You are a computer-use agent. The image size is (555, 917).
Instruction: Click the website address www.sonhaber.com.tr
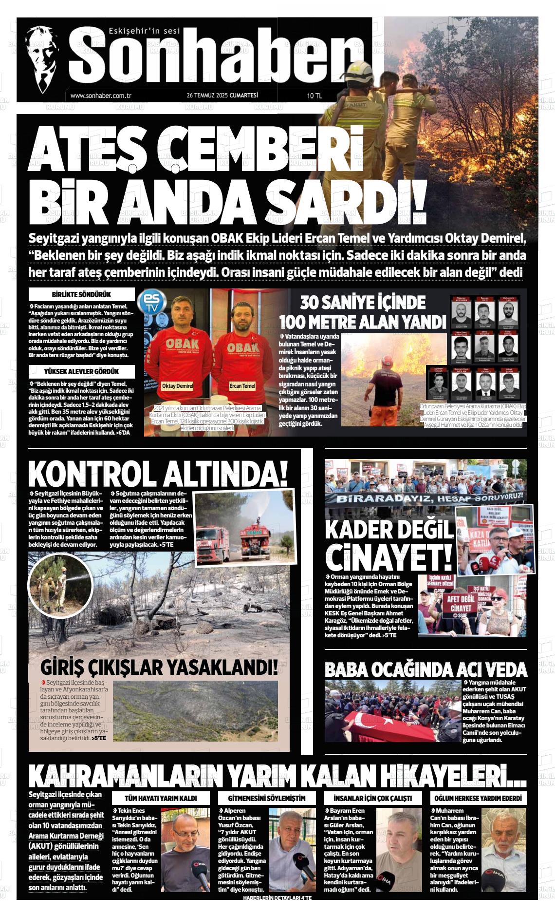(x=101, y=96)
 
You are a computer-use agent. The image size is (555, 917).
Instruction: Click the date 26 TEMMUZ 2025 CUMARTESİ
(x=222, y=96)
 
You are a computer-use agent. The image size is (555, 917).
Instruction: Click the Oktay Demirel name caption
(x=178, y=386)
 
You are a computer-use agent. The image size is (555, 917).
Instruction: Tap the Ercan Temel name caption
(x=242, y=386)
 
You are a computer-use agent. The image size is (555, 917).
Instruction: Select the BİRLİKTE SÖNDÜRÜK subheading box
(x=81, y=295)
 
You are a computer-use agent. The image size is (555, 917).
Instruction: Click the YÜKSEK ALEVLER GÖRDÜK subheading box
(x=81, y=372)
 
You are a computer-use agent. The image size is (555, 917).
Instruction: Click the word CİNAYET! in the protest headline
(x=388, y=557)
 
